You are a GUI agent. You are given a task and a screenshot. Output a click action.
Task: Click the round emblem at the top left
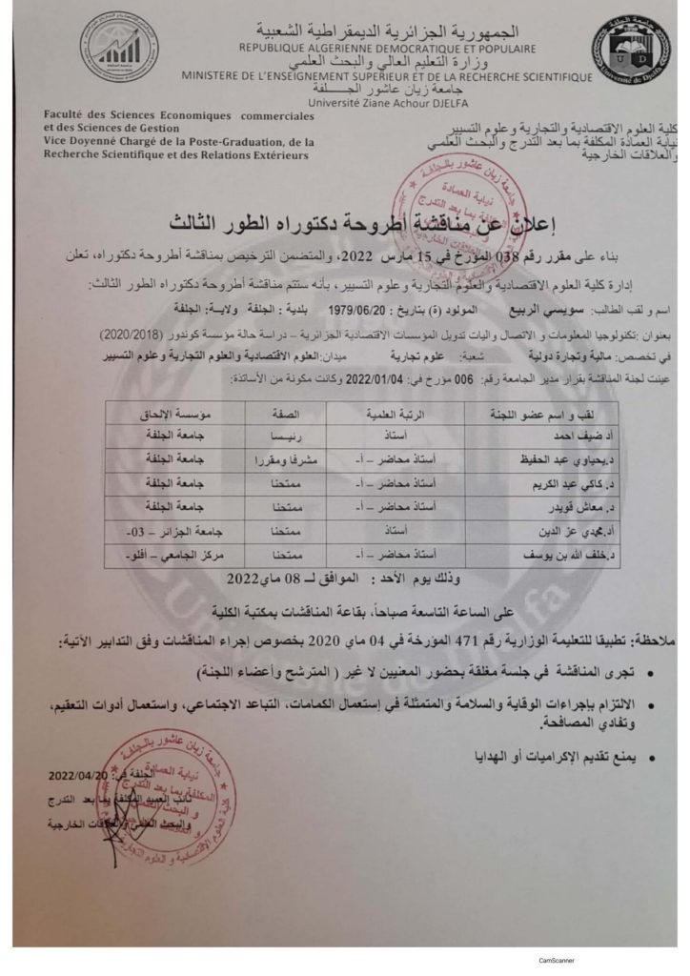pyautogui.click(x=119, y=47)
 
